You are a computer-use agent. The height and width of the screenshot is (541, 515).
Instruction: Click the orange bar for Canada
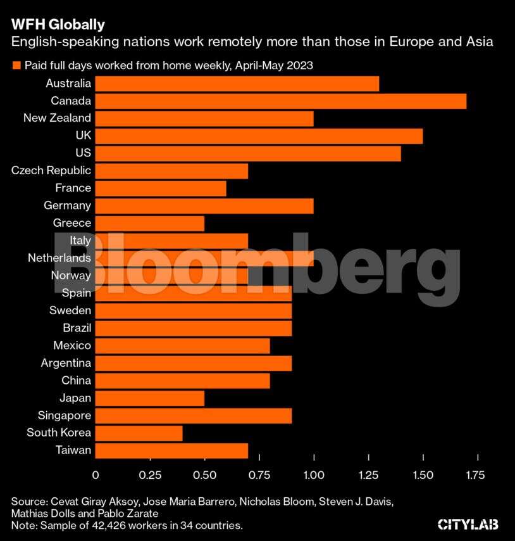point(280,101)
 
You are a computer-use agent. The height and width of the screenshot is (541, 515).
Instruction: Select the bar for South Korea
point(139,433)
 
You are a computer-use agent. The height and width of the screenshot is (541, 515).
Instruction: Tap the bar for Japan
point(150,398)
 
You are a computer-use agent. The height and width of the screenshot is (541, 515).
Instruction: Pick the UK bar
point(259,136)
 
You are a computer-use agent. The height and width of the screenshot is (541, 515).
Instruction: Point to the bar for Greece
point(150,223)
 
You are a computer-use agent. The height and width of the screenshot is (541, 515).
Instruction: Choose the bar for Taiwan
point(171,450)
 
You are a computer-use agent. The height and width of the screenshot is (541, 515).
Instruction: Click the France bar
point(161,188)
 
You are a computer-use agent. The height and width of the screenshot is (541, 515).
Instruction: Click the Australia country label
point(68,83)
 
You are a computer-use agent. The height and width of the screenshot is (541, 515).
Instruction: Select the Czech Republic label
point(51,170)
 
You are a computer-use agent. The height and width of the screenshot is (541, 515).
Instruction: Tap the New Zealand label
point(57,118)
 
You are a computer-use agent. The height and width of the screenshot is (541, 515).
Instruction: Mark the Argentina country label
point(66,363)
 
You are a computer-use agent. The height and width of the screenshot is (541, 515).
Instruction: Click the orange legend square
point(16,65)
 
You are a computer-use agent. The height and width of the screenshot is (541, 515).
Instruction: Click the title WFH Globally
point(58,25)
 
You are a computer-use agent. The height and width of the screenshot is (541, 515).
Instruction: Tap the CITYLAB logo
point(468,524)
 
